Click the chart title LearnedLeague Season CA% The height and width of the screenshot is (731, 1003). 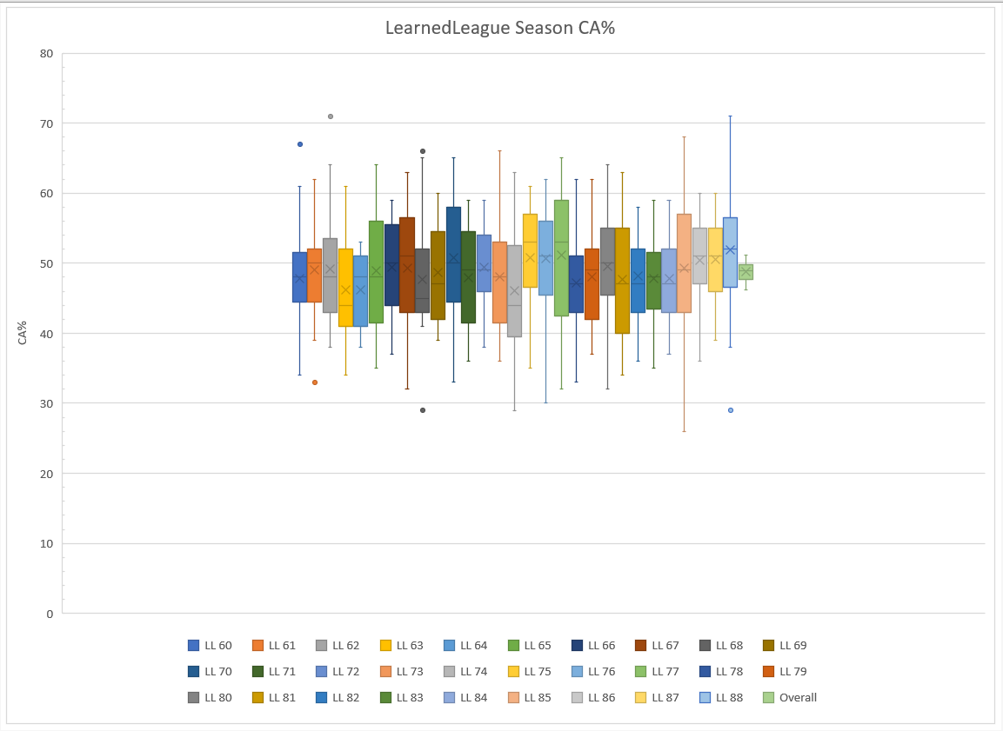click(x=500, y=28)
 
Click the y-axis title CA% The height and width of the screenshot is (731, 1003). click(x=23, y=333)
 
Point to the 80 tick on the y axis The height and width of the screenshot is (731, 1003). click(x=46, y=54)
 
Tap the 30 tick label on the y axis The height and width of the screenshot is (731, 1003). click(x=46, y=403)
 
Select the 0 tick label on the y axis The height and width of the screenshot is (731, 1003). click(x=50, y=614)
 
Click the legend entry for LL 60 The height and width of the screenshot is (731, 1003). click(x=210, y=646)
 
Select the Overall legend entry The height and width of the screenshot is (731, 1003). click(x=790, y=697)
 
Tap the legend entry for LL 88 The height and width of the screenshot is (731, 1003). click(x=721, y=697)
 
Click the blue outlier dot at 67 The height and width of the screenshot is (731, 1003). click(x=300, y=144)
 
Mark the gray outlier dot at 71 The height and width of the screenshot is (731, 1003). click(x=331, y=116)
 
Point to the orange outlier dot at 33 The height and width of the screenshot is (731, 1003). click(x=315, y=382)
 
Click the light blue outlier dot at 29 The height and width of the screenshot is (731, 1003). click(x=731, y=410)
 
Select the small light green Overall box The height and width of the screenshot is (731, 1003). click(x=746, y=272)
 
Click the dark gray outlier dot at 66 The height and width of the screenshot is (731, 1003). click(x=423, y=151)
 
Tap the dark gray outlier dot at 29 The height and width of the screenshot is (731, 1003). click(x=423, y=410)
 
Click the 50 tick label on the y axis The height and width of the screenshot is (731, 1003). click(x=46, y=263)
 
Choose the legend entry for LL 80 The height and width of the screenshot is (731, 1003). click(x=210, y=697)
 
